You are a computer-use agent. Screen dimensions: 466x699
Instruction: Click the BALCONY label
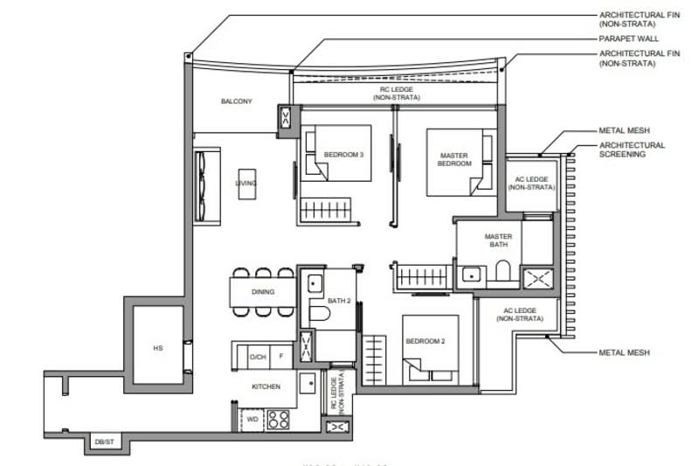[236, 101]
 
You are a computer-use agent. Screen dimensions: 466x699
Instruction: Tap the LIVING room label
[246, 184]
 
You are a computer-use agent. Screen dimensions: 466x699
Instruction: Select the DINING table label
[262, 292]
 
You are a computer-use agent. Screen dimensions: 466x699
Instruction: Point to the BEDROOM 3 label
[343, 155]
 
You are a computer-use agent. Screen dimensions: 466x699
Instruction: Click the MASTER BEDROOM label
[453, 160]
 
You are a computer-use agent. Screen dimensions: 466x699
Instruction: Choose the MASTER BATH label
[498, 241]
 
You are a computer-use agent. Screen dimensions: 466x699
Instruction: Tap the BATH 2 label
[338, 301]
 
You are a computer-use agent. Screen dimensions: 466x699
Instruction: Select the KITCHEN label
[265, 385]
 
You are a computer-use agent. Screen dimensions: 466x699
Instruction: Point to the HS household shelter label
[158, 348]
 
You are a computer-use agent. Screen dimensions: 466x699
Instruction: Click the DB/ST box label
[103, 443]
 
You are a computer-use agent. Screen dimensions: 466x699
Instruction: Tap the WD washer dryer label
[253, 419]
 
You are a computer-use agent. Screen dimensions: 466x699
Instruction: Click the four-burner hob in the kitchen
[279, 419]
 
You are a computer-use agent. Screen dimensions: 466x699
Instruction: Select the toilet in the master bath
[503, 273]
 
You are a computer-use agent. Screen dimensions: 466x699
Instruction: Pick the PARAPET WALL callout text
[628, 38]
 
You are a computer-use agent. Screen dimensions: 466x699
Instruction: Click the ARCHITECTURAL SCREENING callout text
[632, 150]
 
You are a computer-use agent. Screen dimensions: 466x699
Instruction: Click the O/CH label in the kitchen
[258, 357]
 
